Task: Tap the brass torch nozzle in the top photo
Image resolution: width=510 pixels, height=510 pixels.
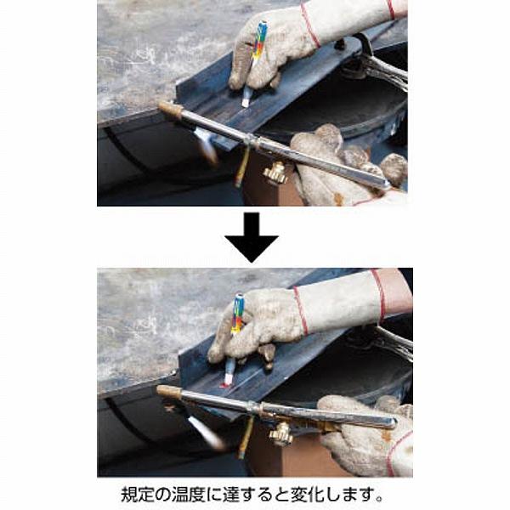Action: [171, 110]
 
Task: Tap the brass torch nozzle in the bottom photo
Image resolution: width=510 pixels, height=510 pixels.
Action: [169, 392]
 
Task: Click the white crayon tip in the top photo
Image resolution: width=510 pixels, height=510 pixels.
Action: [246, 99]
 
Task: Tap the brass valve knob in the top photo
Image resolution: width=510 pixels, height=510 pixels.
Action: [275, 174]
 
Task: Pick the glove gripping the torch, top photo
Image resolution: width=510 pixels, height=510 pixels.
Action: [340, 166]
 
